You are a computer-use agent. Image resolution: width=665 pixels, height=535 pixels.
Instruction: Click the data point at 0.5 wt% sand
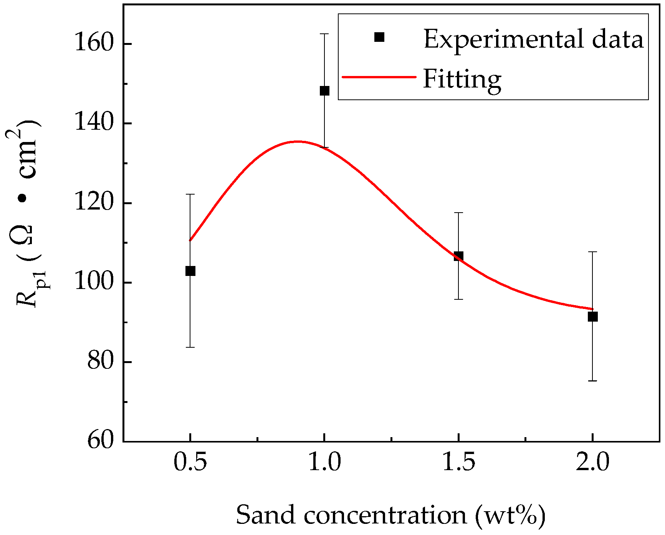pyautogui.click(x=190, y=271)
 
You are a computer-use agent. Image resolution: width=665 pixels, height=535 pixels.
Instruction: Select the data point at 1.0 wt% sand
pyautogui.click(x=324, y=91)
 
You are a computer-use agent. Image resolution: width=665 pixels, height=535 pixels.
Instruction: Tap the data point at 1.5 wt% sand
pyautogui.click(x=458, y=256)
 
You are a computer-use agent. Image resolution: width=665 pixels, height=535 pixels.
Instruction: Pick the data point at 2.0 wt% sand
pyautogui.click(x=593, y=317)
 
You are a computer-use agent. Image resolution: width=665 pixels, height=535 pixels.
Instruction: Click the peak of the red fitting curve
pyautogui.click(x=298, y=141)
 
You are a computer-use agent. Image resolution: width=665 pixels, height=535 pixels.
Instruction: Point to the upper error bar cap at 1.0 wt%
pyautogui.click(x=324, y=34)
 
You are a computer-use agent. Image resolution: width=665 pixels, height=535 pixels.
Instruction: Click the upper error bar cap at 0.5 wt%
pyautogui.click(x=190, y=195)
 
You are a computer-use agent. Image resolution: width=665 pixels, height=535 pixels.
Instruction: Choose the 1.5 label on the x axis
pyautogui.click(x=458, y=462)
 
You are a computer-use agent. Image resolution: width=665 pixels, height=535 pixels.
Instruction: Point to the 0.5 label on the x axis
pyautogui.click(x=190, y=462)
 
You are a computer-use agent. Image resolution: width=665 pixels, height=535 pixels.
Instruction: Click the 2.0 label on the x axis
pyautogui.click(x=593, y=462)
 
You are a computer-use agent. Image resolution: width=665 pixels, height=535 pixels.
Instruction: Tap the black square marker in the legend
pyautogui.click(x=379, y=37)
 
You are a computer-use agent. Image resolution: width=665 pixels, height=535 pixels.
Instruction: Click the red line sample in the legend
pyautogui.click(x=379, y=77)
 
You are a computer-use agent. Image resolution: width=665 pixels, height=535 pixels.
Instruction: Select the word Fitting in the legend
pyautogui.click(x=462, y=79)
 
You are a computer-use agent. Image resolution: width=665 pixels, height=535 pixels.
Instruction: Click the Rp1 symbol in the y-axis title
pyautogui.click(x=31, y=290)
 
